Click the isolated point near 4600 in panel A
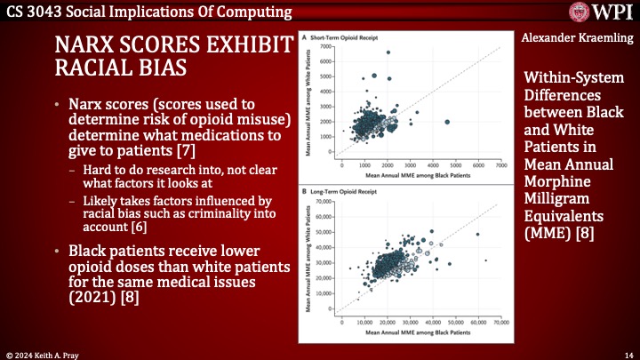446,122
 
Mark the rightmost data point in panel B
486,260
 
